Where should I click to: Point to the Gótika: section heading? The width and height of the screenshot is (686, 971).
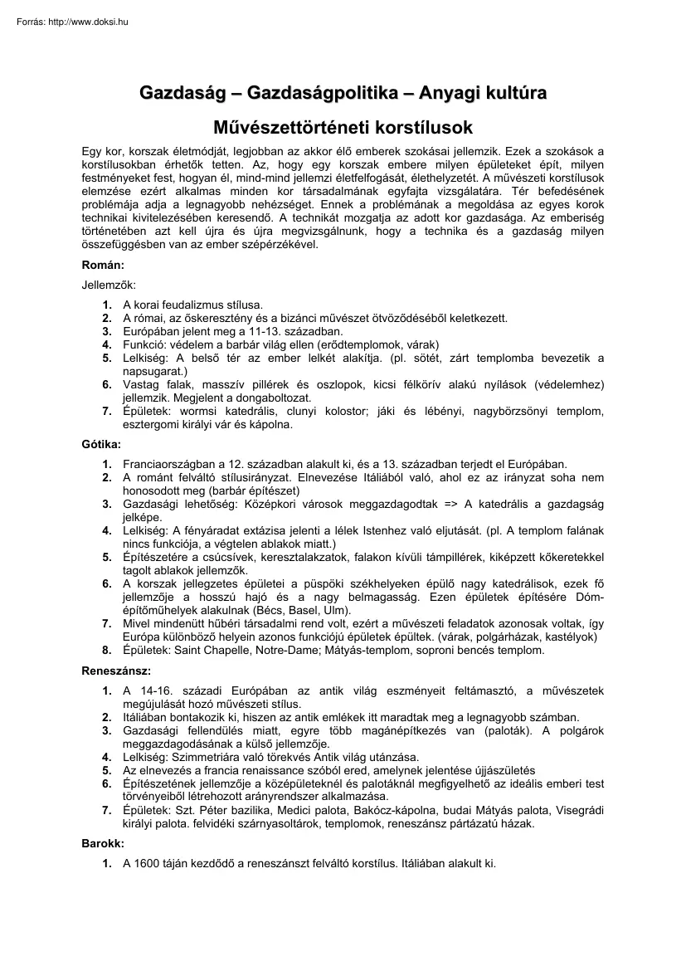[101, 445]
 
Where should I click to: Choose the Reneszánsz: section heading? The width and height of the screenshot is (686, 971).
[116, 671]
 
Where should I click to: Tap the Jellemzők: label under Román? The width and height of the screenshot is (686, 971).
[108, 285]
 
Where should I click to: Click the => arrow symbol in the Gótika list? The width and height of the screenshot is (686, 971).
[452, 504]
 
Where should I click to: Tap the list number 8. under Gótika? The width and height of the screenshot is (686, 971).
[107, 651]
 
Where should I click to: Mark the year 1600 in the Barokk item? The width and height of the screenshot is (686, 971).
[148, 863]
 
